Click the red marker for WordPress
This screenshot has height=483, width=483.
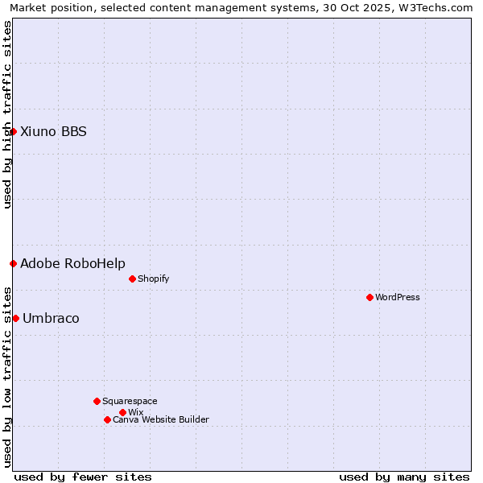click(369, 297)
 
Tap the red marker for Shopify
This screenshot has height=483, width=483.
click(132, 279)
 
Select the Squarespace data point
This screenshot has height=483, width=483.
click(97, 401)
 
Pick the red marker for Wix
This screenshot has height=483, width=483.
click(122, 412)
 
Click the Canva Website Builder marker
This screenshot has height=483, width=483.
click(107, 419)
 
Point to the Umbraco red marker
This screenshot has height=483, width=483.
click(15, 318)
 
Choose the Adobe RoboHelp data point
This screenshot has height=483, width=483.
click(13, 263)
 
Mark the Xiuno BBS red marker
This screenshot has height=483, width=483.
click(13, 131)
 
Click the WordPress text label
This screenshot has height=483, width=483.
click(398, 297)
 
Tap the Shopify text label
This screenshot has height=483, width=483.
click(154, 279)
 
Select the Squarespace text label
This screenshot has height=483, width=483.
click(130, 401)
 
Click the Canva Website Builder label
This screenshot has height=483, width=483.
click(161, 419)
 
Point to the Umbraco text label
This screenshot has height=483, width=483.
click(51, 318)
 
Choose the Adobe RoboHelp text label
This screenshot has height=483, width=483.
click(72, 263)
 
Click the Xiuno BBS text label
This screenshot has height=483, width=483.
click(53, 131)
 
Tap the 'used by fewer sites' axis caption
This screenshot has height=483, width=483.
click(83, 477)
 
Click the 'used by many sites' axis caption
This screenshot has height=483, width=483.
click(404, 477)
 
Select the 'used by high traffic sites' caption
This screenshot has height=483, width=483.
click(7, 114)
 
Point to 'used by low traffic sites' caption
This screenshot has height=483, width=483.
click(7, 376)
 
